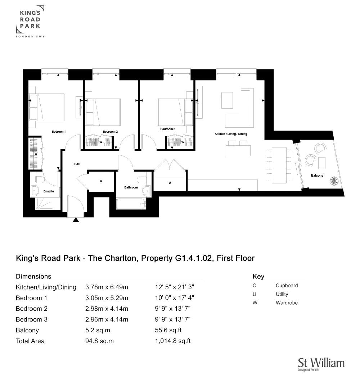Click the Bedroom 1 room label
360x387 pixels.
tap(59, 132)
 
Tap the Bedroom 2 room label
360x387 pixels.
tap(110, 132)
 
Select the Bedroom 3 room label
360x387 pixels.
tap(168, 129)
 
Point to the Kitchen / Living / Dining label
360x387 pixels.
tap(231, 134)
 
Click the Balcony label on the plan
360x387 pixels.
tap(317, 176)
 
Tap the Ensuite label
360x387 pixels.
tap(49, 191)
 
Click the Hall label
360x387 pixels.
tap(77, 164)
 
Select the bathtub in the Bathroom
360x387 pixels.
tap(131, 204)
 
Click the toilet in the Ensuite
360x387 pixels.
tap(39, 179)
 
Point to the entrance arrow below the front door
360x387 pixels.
tap(76, 220)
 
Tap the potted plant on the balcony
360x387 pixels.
tap(334, 181)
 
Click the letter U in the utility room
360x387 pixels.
tap(170, 183)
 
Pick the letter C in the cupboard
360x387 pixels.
tap(101, 181)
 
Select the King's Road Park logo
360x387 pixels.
tap(30, 22)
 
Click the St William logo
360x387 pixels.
tap(321, 364)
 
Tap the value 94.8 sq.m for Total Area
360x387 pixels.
tap(99, 341)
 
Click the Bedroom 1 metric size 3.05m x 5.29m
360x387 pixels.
tap(107, 298)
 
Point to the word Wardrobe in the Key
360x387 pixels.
tap(287, 302)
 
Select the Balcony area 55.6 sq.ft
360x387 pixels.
tap(168, 330)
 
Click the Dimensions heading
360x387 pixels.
tap(33, 277)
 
